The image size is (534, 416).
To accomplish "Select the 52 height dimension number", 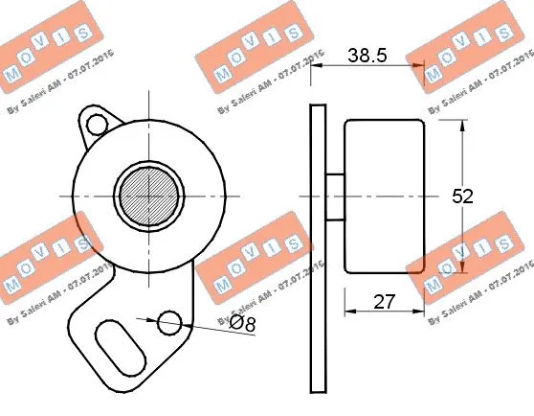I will pos(463,196).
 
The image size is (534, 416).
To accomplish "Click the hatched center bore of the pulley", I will pos(149,195).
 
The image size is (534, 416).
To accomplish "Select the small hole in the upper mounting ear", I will pos(94,125).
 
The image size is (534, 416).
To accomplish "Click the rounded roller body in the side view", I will pos(384,196).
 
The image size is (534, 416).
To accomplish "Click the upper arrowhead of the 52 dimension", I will pos(463,127).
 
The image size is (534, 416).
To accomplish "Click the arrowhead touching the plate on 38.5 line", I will pos(318,67).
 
